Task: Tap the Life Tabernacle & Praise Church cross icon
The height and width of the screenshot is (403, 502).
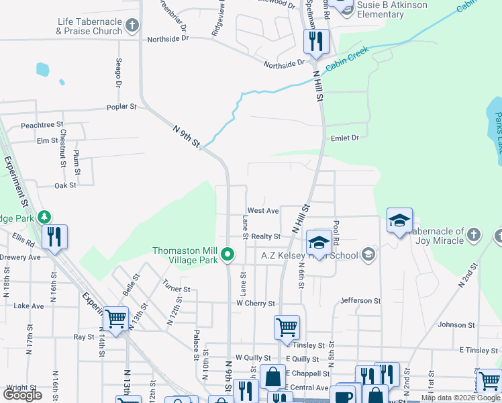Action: tap(132, 26)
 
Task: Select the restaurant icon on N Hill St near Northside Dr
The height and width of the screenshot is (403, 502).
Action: tap(313, 42)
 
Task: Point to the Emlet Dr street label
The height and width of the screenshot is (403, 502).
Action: tap(346, 138)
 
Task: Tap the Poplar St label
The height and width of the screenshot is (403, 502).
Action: tap(121, 107)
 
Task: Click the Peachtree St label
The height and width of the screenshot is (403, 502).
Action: tap(42, 125)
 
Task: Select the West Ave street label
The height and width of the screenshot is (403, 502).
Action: tap(262, 211)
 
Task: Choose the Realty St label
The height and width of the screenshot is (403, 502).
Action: tap(266, 237)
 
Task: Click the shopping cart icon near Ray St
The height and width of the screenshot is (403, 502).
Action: tap(116, 318)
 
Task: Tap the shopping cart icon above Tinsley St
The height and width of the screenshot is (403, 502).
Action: tap(287, 327)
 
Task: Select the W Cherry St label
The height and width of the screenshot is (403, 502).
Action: tap(256, 304)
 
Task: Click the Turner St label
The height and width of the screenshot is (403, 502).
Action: tap(177, 289)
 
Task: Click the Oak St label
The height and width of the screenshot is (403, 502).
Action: tap(66, 185)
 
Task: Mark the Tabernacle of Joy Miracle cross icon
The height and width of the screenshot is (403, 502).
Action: tap(474, 234)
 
